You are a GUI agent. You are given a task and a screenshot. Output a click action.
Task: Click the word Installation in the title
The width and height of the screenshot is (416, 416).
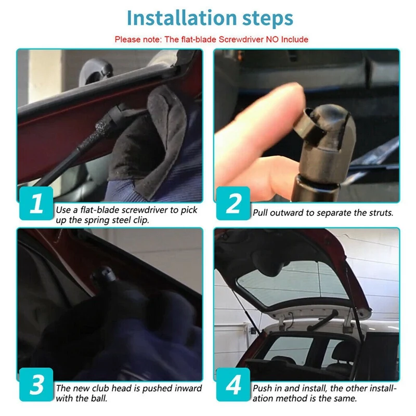[x=181, y=18]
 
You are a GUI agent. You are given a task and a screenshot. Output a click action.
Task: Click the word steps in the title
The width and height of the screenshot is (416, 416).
[x=268, y=19]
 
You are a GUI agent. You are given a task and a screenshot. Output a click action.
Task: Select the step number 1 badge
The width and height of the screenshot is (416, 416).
[x=36, y=203]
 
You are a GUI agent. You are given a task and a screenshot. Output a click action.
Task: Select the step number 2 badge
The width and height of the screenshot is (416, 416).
[x=233, y=203]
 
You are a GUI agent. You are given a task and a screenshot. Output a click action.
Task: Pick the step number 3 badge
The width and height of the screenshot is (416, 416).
[x=36, y=384]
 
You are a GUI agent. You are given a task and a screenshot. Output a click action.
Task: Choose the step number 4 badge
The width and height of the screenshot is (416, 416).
[x=233, y=384]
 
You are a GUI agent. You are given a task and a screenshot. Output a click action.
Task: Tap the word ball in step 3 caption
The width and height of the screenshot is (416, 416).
[x=98, y=398]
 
